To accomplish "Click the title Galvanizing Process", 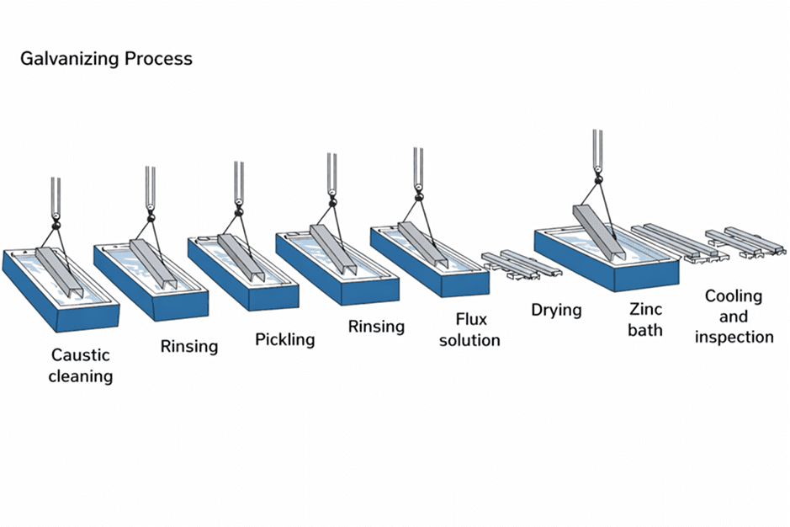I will [x=105, y=59].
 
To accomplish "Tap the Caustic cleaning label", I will [x=80, y=365].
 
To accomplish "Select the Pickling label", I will [x=284, y=340].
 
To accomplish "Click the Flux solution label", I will [x=469, y=330].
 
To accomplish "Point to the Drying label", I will [x=555, y=310].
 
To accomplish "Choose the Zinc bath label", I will [x=644, y=319].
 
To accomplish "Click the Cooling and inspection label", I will [x=733, y=317].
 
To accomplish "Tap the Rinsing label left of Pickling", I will [x=188, y=346].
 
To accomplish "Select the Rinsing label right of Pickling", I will [x=376, y=326].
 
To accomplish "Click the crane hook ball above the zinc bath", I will [x=597, y=178].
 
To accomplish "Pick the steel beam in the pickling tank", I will [x=242, y=256].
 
